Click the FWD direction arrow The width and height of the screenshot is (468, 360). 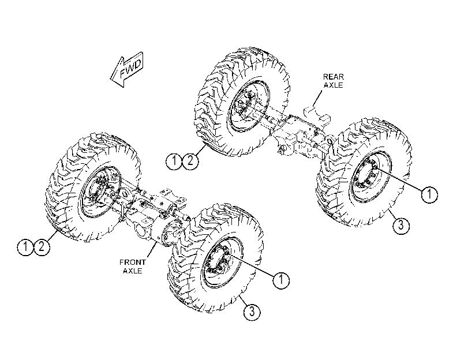pos(127,70)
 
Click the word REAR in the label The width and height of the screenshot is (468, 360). pos(334,77)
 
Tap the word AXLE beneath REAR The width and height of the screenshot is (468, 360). pos(334,85)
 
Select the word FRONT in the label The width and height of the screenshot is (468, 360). pos(133,262)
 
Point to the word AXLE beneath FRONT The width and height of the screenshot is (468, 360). pos(133,271)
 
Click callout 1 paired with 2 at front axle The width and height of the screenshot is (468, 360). pos(25,247)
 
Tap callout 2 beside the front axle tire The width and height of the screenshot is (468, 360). pos(42,247)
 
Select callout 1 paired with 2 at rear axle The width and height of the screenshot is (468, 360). pos(174,162)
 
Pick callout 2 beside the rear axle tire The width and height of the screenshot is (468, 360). pos(190,162)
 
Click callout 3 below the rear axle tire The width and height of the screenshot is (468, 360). pos(401,225)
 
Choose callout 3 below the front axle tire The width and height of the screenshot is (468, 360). pos(252,312)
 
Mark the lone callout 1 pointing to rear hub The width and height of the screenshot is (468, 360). pos(429,194)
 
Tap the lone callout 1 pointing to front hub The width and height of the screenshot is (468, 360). pos(281,280)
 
